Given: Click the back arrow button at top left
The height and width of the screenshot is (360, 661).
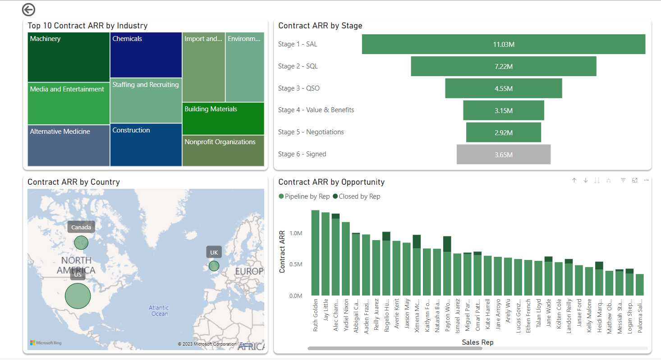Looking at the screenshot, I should click(x=28, y=9).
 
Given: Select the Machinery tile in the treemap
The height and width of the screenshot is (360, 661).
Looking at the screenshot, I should click(x=69, y=57).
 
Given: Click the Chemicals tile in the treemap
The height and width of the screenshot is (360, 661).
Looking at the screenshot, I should click(x=146, y=55).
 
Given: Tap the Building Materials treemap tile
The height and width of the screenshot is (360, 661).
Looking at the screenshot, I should click(x=223, y=118).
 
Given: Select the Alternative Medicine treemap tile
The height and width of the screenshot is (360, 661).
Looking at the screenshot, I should click(x=69, y=146).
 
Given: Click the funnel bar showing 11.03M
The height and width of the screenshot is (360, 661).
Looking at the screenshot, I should click(x=503, y=45).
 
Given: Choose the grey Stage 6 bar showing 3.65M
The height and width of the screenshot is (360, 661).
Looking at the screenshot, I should click(x=503, y=155).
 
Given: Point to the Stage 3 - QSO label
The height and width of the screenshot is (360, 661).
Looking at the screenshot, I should click(x=298, y=88).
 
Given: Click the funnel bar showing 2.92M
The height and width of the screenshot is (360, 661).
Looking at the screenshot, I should click(x=503, y=132).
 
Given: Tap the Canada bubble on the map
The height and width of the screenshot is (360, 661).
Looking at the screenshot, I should click(x=81, y=243).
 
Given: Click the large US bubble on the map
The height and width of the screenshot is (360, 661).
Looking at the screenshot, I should click(x=78, y=296).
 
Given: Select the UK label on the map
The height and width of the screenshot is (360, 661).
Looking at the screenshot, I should click(x=214, y=252).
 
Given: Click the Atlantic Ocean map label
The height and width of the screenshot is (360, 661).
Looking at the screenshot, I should click(x=159, y=311).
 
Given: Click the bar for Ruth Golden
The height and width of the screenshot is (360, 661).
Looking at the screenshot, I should click(x=315, y=252).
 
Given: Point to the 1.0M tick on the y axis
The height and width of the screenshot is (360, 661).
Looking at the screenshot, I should click(x=296, y=233).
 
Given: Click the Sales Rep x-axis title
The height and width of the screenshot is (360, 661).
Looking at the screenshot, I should click(x=477, y=342).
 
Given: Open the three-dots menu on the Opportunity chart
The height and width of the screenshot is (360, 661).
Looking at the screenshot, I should click(x=646, y=180).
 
